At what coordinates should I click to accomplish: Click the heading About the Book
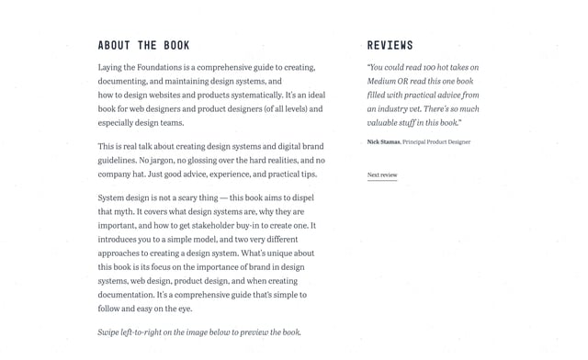coord(143,45)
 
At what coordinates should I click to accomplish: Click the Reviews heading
coord(390,45)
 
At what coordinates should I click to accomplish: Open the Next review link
coord(382,174)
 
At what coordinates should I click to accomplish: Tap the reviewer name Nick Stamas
coord(383,142)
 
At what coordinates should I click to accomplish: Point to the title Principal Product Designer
coord(436,142)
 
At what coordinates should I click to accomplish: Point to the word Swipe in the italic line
coord(108,332)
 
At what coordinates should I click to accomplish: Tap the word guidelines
coord(118,160)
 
